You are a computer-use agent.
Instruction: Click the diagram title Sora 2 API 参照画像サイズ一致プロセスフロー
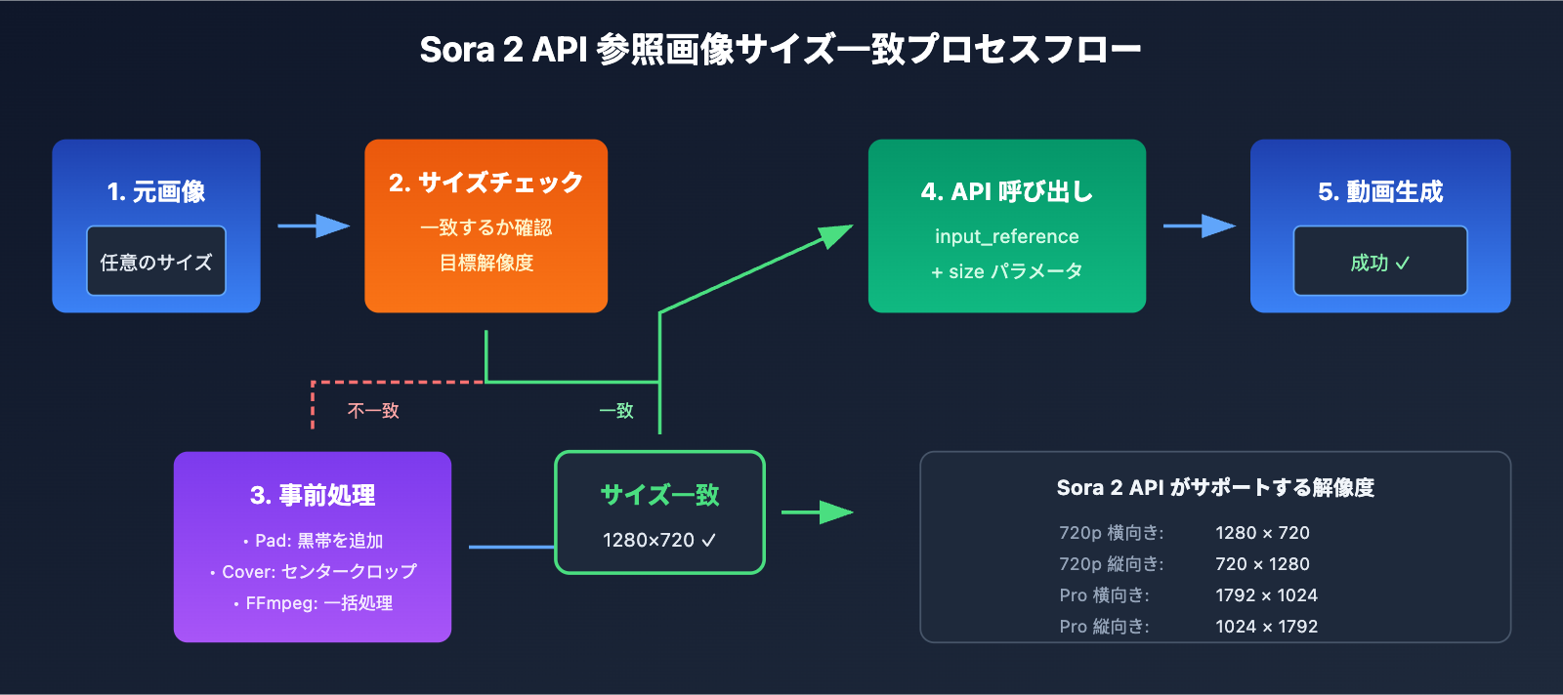click(781, 49)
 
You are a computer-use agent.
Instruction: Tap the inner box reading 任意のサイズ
click(156, 262)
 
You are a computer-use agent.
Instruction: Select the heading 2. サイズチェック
click(486, 183)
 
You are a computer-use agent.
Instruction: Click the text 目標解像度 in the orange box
click(486, 263)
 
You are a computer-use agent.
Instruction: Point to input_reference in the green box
click(1006, 236)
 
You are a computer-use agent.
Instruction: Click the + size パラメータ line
click(1006, 271)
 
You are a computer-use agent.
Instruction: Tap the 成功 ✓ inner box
click(1379, 262)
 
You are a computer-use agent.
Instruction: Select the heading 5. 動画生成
click(1379, 191)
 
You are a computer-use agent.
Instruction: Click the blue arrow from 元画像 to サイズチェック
click(313, 226)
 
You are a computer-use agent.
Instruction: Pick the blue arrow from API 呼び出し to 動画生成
click(1199, 226)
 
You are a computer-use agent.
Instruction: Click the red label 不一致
click(373, 411)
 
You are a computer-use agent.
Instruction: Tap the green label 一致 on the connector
click(616, 411)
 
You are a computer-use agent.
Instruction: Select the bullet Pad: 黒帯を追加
click(313, 541)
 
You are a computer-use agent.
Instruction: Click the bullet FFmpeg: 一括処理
click(313, 603)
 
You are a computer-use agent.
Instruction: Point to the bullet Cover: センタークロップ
click(313, 572)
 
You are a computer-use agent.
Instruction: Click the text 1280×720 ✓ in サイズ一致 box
click(659, 540)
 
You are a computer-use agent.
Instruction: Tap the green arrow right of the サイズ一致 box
click(818, 512)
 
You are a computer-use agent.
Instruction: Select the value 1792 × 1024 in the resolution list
click(1266, 595)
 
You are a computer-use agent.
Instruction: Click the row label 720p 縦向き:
click(1111, 564)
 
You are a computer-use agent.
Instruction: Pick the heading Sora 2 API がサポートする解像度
click(1215, 487)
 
